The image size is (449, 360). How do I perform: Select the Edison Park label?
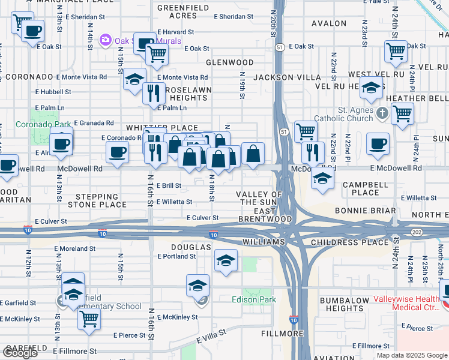tap(254, 299)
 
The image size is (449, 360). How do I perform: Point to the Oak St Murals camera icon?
tap(106, 40)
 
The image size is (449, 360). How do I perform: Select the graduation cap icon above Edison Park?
tap(226, 260)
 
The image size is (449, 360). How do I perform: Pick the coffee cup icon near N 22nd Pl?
tap(378, 143)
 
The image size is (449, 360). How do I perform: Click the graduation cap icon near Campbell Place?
tap(322, 178)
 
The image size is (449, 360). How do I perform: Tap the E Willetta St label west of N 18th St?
tap(174, 202)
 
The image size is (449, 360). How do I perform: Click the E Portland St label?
tap(176, 256)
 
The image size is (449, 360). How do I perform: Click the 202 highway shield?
tap(416, 232)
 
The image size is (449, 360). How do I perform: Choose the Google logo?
tap(19, 353)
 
